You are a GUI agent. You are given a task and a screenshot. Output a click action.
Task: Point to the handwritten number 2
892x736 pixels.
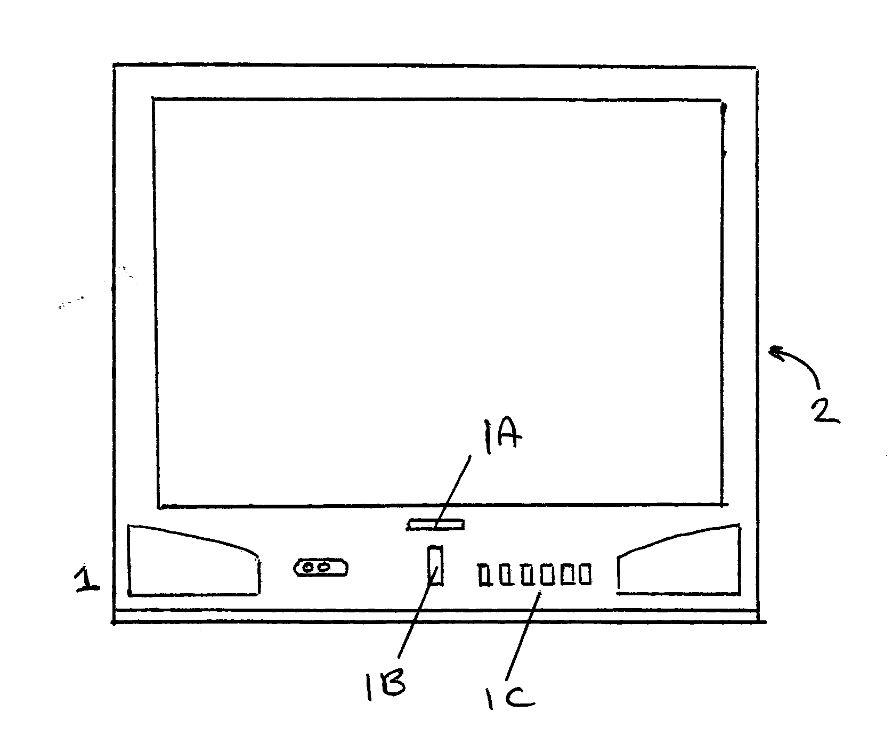click(824, 411)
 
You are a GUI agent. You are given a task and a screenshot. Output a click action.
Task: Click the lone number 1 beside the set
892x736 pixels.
click(86, 579)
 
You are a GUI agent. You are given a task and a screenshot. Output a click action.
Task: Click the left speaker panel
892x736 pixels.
click(193, 561)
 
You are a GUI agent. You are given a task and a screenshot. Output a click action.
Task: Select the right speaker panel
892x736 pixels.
click(678, 560)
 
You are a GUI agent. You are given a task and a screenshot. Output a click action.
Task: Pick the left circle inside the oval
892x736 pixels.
click(309, 568)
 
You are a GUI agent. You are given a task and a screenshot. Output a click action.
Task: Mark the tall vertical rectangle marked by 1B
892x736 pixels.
click(436, 565)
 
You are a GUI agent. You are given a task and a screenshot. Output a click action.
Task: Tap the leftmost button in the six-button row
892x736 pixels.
click(484, 575)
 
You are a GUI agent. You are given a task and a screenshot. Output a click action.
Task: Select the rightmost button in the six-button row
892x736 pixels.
click(585, 574)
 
